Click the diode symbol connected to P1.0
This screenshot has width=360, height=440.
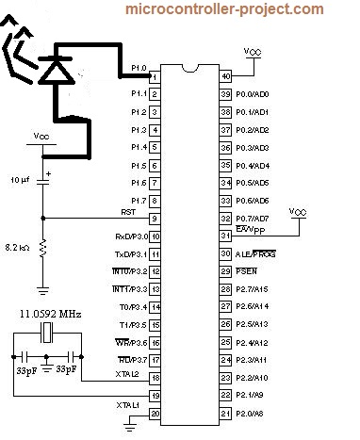pos(58,69)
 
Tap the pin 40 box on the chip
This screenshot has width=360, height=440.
pos(225,76)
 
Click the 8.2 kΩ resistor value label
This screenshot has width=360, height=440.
pos(18,247)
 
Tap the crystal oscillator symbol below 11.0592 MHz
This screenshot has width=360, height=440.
pos(48,334)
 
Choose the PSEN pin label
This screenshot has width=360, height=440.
pos(247,271)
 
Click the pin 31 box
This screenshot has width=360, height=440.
pos(225,236)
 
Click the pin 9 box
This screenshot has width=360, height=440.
pos(155,219)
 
